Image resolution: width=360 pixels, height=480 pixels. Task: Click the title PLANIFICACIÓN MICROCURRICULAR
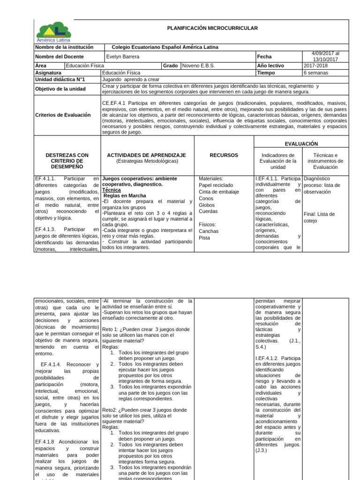pyautogui.click(x=212, y=29)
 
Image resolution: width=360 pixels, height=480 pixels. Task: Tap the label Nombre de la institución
pyautogui.click(x=64, y=47)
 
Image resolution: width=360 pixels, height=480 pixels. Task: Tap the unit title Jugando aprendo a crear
pyautogui.click(x=130, y=80)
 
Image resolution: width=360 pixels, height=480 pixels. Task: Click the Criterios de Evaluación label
pyautogui.click(x=63, y=115)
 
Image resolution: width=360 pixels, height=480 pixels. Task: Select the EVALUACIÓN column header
pyautogui.click(x=301, y=143)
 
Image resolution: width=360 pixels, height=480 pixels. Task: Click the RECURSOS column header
pyautogui.click(x=224, y=155)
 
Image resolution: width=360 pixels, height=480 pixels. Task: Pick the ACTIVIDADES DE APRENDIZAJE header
pyautogui.click(x=147, y=155)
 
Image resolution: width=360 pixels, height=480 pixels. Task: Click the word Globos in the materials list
pyautogui.click(x=206, y=205)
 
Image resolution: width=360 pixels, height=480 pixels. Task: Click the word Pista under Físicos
pyautogui.click(x=205, y=238)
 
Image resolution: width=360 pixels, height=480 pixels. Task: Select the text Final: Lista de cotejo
pyautogui.click(x=319, y=217)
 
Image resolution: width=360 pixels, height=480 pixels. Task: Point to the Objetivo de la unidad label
pyautogui.click(x=61, y=89)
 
